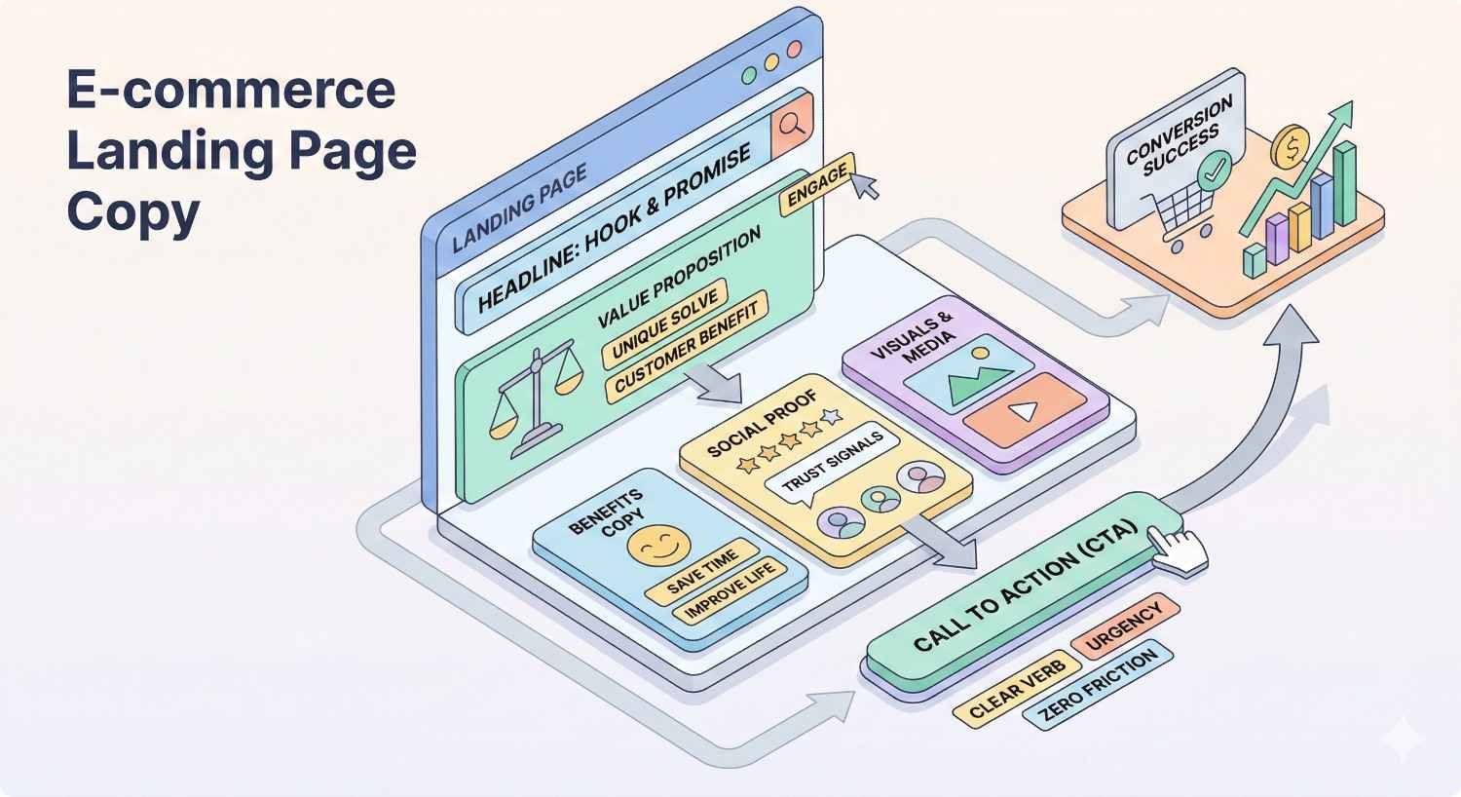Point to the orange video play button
pyautogui.click(x=1023, y=410)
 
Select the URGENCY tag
pyautogui.click(x=1125, y=625)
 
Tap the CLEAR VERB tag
pyautogui.click(x=1016, y=688)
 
